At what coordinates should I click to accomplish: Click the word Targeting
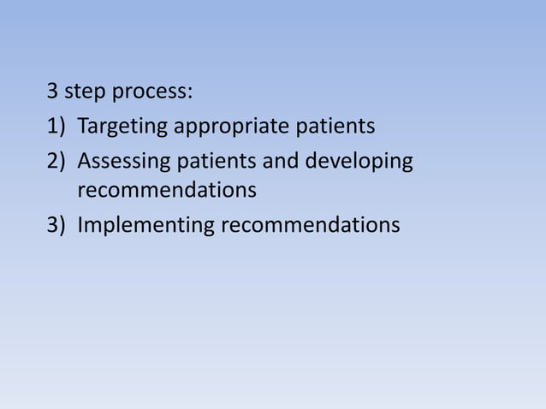123,128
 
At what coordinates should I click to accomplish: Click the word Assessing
121,161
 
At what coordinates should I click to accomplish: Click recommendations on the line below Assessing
167,190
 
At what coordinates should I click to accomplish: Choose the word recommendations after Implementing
311,225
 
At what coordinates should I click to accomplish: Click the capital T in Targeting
83,127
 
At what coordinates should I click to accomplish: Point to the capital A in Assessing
84,160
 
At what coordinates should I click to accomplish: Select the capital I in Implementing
80,225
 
